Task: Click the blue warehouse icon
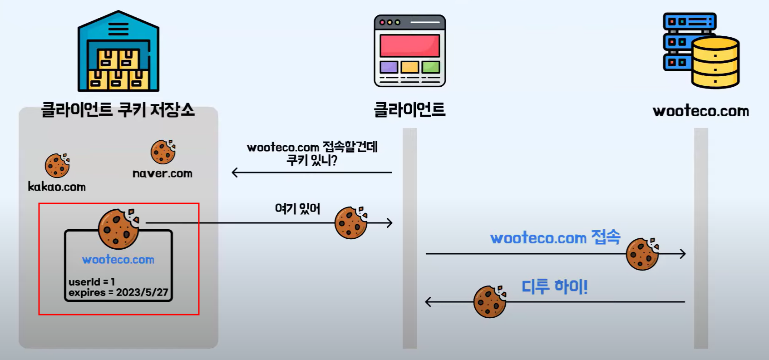point(118,52)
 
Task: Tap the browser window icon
point(409,51)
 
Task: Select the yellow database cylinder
point(715,63)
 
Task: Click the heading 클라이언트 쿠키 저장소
point(118,110)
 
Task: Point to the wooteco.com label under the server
point(700,111)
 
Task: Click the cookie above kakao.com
point(57,165)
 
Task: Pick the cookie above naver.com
point(163,152)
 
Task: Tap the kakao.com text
point(57,187)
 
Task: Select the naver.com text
point(163,173)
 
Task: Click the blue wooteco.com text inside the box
point(118,260)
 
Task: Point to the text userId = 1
point(92,282)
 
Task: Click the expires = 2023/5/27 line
point(118,293)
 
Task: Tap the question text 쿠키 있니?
point(312,160)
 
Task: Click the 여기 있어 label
point(297,209)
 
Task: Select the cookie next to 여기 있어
point(351,222)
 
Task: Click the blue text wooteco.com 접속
point(555,237)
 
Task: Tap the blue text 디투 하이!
point(554,287)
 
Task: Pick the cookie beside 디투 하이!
point(490,301)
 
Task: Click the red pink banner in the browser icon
point(409,46)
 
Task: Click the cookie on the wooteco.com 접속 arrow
point(642,254)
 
